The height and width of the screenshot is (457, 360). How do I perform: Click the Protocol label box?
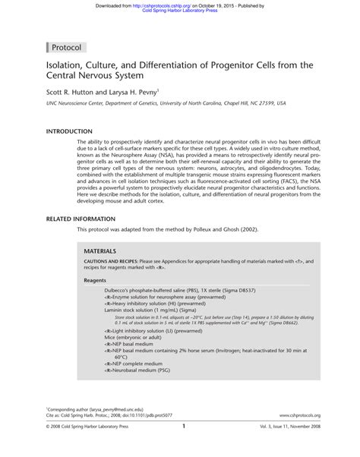pos(68,47)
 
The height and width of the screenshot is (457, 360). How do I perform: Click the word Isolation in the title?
pos(65,65)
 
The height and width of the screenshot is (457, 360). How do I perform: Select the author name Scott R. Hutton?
pos(71,92)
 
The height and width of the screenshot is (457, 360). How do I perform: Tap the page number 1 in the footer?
pos(184,448)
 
